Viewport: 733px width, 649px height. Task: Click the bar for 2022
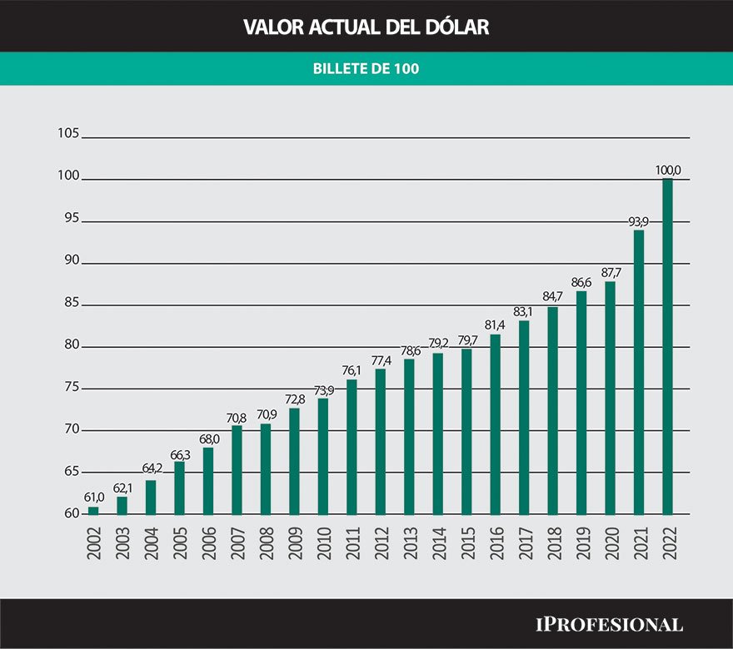[667, 347]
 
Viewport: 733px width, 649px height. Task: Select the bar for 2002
[93, 510]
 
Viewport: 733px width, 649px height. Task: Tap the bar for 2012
[381, 441]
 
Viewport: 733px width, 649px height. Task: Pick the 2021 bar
[639, 372]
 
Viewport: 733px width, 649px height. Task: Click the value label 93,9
[639, 221]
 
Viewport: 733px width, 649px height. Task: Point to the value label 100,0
[668, 171]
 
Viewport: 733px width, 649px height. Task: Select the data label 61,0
[93, 498]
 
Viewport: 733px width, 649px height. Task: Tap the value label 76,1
[352, 370]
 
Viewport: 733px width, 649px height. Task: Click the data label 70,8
[237, 416]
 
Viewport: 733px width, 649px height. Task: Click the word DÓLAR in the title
[455, 27]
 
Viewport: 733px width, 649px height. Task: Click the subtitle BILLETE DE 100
[366, 69]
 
